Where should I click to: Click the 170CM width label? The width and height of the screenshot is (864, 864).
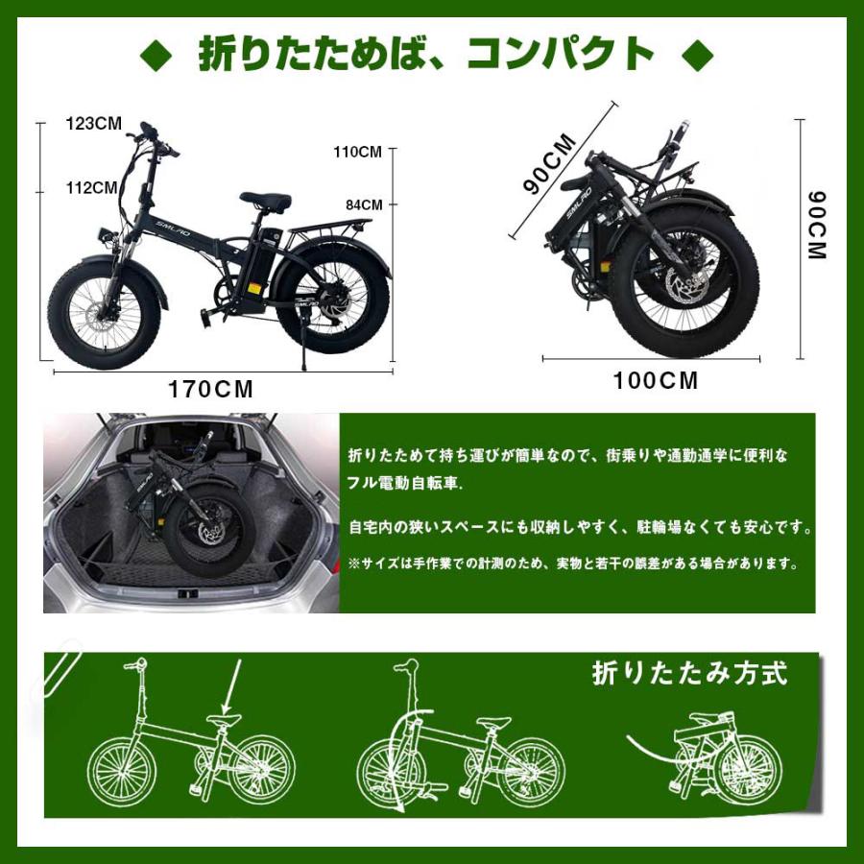click(211, 390)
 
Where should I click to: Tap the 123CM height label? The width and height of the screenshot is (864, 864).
click(93, 124)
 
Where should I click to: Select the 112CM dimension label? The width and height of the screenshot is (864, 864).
click(92, 187)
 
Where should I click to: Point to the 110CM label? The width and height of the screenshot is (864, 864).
click(357, 152)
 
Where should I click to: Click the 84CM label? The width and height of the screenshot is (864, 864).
click(364, 204)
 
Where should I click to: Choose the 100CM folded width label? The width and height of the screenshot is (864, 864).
click(657, 380)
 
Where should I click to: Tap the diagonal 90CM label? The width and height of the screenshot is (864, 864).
click(550, 164)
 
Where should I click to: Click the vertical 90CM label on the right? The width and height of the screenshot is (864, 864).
click(816, 227)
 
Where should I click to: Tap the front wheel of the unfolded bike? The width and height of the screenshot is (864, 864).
click(103, 317)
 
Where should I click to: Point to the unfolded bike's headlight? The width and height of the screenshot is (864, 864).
click(104, 235)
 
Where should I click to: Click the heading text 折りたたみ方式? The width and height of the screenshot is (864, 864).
click(689, 673)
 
